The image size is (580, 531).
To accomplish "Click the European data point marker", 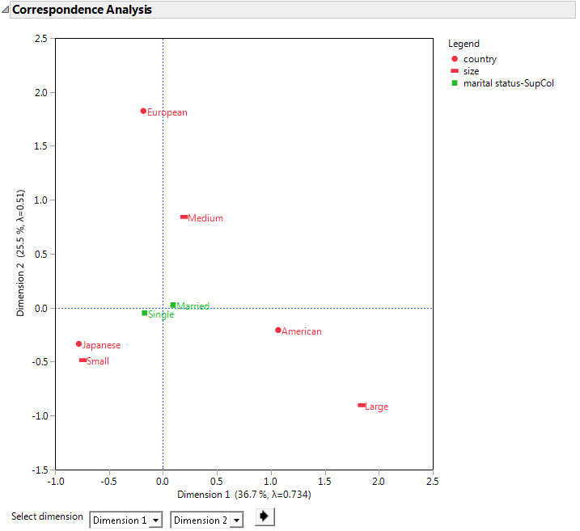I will (x=143, y=111).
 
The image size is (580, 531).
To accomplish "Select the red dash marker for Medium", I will (x=184, y=217).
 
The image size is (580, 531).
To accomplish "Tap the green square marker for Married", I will (x=173, y=305).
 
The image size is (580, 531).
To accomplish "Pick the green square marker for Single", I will (x=145, y=313).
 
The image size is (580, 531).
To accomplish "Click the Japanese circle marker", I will (x=78, y=343).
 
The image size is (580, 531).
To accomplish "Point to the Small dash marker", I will (x=83, y=360).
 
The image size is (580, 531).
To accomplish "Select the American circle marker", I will (x=278, y=330).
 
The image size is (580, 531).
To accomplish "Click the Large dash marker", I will (x=362, y=405).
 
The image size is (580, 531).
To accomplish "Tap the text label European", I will (x=167, y=112).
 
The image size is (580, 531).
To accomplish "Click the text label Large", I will (x=377, y=407).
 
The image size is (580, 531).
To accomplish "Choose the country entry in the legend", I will (x=480, y=59).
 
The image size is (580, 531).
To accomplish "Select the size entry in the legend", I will (x=471, y=71).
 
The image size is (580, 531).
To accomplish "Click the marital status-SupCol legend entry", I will (x=508, y=82).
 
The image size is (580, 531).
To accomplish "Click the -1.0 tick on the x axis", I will (x=55, y=482).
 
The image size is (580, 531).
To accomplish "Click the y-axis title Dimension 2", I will (x=21, y=253).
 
